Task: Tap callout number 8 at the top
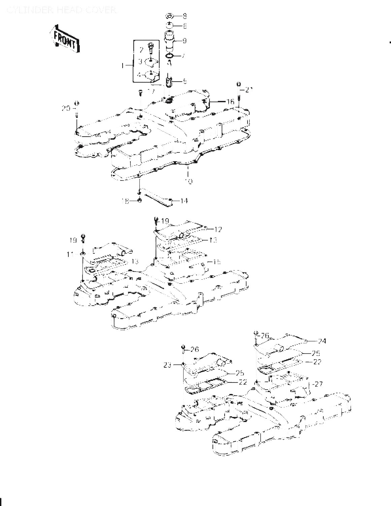185,16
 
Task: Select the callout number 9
185,41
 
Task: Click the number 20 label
66,108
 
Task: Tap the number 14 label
184,201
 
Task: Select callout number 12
218,229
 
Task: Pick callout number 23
177,365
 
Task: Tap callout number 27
318,384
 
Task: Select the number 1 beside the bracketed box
123,65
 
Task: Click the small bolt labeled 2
151,46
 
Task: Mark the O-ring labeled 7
170,56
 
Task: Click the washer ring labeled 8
170,16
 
